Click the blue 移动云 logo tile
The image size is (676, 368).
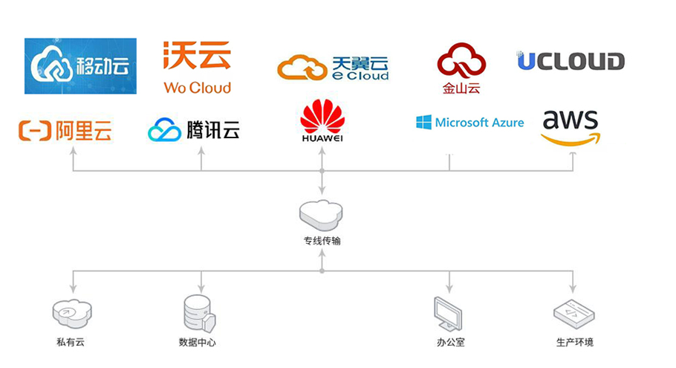point(80,66)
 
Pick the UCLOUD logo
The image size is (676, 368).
point(571,61)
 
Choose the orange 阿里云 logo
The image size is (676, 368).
point(65,132)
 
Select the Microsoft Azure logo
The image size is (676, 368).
point(469,123)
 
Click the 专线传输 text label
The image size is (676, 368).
point(322,241)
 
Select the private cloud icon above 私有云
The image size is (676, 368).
point(72,313)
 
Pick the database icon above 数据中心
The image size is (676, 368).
point(198,313)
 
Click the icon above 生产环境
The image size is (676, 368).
point(573,314)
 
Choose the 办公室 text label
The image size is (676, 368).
point(450,343)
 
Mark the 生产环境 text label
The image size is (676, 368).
point(574,343)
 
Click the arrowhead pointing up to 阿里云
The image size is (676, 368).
point(73,151)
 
